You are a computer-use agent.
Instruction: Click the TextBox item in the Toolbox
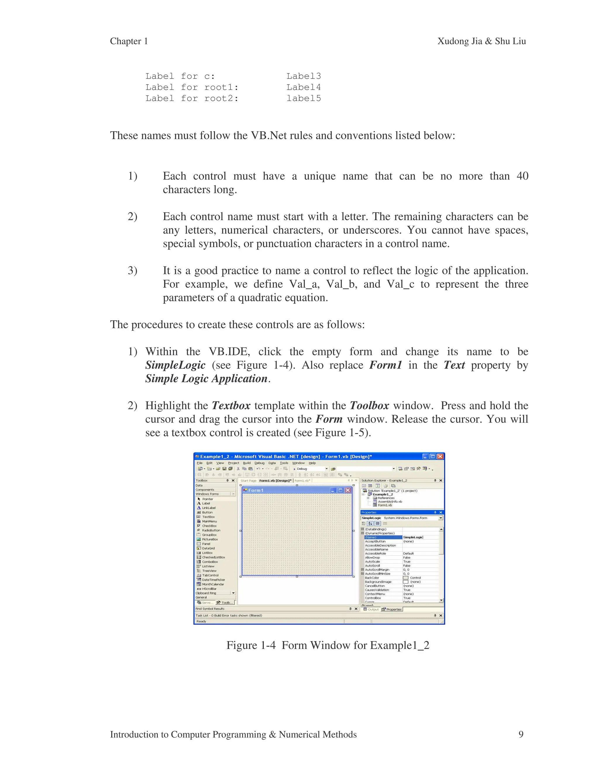coord(208,517)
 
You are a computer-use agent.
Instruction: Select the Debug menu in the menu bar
coord(259,463)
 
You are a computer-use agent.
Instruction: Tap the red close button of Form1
coord(348,490)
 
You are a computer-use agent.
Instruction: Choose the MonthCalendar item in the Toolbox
coord(213,584)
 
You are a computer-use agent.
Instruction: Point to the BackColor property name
coord(372,578)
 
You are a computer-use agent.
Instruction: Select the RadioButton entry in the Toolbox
coord(211,530)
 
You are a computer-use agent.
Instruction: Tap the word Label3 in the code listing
coord(303,76)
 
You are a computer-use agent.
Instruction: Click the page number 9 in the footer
coord(521,734)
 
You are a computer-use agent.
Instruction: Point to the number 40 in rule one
coord(522,176)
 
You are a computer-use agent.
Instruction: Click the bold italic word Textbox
coord(231,406)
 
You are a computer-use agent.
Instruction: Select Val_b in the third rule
coord(341,284)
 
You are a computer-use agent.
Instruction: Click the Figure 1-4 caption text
coord(328,645)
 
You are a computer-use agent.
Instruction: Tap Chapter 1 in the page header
coord(129,41)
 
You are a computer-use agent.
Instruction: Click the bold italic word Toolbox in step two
coord(369,406)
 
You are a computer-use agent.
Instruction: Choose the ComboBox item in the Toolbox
coord(210,562)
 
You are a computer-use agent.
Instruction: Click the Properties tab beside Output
coord(394,609)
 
